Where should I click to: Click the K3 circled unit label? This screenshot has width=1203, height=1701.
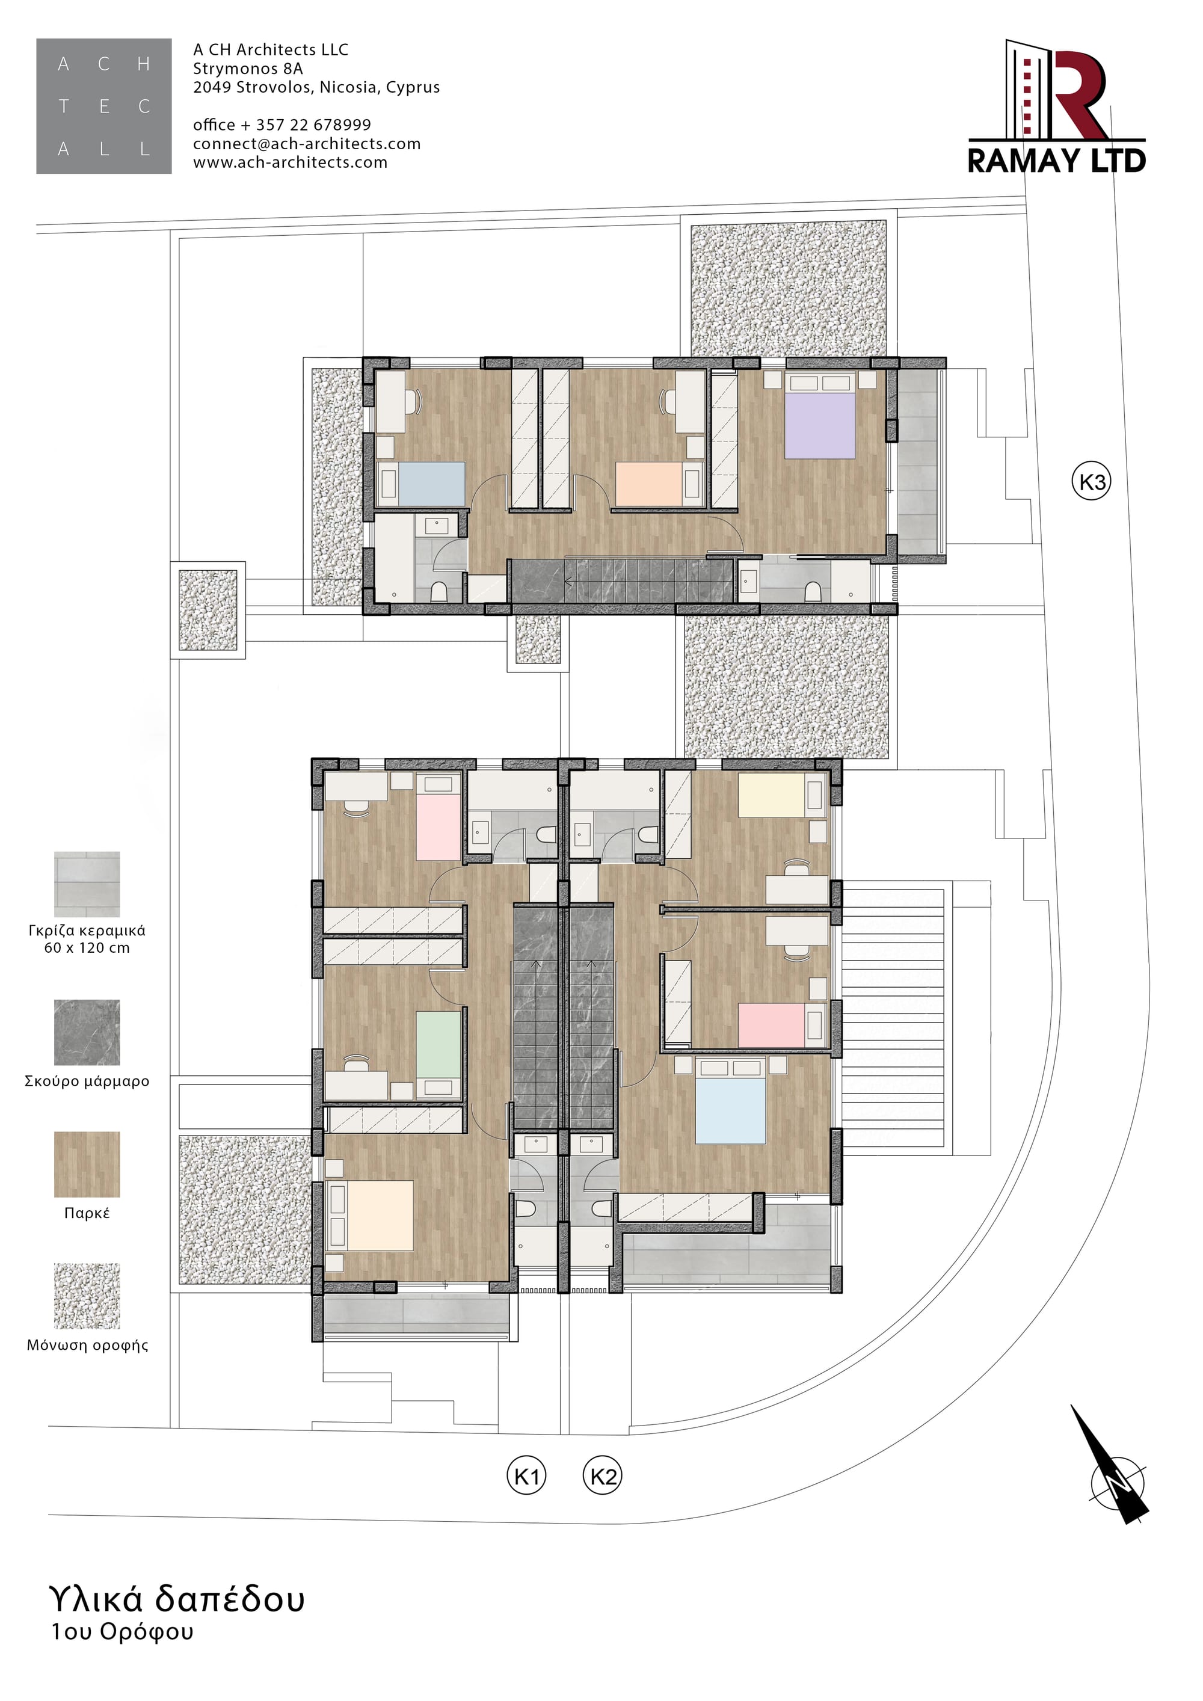[1092, 482]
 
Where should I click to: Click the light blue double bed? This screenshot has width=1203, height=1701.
[730, 1101]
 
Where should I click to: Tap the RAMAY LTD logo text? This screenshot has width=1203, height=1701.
[1057, 160]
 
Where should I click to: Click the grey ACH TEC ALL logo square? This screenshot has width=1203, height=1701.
[103, 106]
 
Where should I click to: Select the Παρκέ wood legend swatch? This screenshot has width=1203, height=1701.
[87, 1164]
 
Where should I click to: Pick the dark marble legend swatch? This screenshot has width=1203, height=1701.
[87, 1032]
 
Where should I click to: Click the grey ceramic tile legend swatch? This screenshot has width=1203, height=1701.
[87, 884]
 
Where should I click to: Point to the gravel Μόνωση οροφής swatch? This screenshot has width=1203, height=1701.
[87, 1296]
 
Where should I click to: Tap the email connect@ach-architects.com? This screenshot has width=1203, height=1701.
[307, 144]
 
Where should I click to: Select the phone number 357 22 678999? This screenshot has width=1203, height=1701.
[313, 125]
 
